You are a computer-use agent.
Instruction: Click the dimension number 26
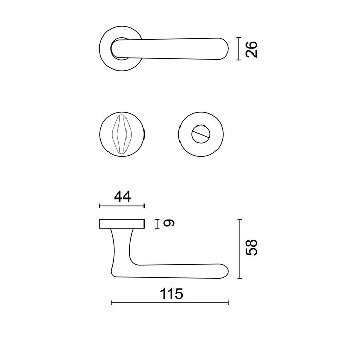coord(251,49)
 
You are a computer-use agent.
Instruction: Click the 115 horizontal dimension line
coord(170,303)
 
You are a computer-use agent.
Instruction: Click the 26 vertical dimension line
coord(238,49)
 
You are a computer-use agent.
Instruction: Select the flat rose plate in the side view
coord(121,223)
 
